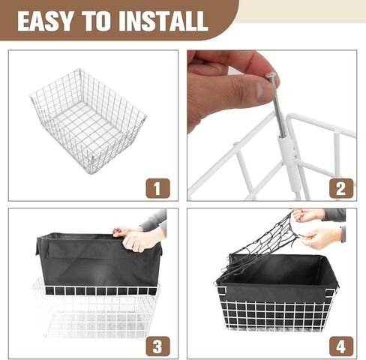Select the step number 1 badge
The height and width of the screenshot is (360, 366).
(156, 187)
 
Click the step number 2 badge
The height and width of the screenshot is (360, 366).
(340, 187)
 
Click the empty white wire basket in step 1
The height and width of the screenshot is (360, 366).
(88, 120)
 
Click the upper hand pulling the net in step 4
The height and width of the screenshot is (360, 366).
(309, 215)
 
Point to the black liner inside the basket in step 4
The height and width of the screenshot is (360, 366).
(277, 274)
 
